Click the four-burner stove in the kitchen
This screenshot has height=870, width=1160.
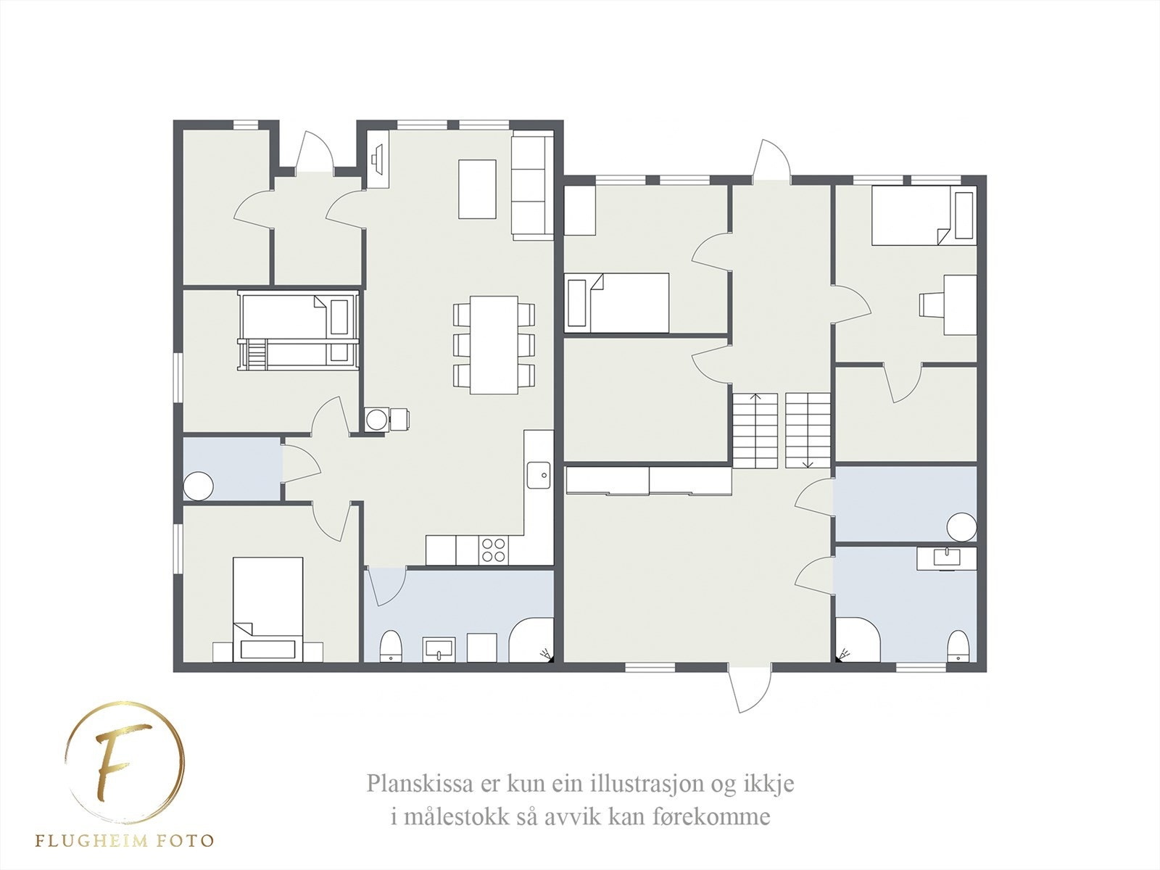(x=494, y=549)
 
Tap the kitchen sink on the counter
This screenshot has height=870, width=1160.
(x=539, y=476)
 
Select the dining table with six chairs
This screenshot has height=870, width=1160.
(x=494, y=344)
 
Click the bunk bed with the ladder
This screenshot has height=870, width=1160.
(x=299, y=332)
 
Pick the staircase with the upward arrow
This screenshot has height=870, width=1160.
(x=755, y=430)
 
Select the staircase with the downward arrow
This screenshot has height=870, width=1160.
(x=808, y=430)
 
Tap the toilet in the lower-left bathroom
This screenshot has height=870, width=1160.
(x=391, y=645)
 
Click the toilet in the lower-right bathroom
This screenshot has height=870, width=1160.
(x=958, y=645)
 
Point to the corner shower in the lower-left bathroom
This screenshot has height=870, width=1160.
(x=531, y=641)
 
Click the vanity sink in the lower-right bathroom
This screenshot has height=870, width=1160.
(x=946, y=558)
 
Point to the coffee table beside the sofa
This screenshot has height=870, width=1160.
(x=478, y=188)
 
